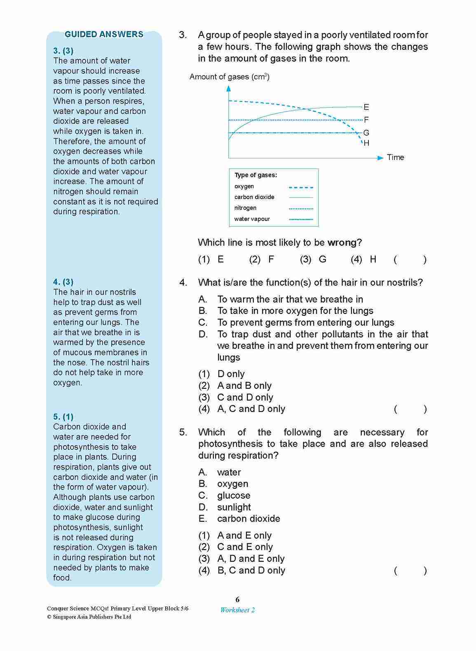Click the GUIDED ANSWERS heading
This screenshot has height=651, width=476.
[x=104, y=35]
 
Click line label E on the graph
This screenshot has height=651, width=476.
[x=366, y=107]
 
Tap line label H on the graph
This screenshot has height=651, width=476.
[x=366, y=143]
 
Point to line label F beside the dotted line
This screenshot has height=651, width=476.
[x=366, y=120]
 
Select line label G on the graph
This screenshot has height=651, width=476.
[x=366, y=133]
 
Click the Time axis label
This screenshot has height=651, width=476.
[x=395, y=157]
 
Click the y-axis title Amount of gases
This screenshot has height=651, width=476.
[x=229, y=77]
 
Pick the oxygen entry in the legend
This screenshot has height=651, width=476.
[x=244, y=186]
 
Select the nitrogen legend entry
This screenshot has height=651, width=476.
[x=245, y=208]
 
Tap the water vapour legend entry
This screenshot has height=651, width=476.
[x=252, y=219]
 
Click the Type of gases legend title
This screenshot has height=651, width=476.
[x=256, y=175]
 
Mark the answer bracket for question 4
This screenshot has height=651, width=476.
[x=410, y=409]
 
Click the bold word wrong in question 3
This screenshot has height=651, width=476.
[x=342, y=242]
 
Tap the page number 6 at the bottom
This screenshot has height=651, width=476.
[x=237, y=599]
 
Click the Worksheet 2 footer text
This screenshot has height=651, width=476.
[x=237, y=610]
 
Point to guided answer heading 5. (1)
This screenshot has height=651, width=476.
[x=63, y=417]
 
